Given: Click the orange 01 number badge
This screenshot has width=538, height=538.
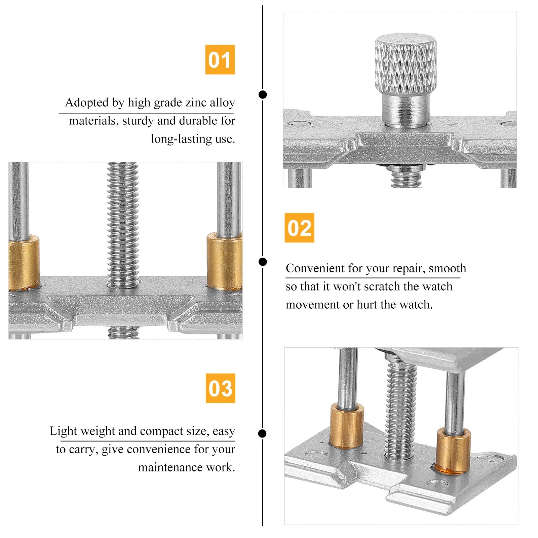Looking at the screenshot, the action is (x=220, y=60).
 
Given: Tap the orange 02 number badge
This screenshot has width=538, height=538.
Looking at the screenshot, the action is (x=299, y=228).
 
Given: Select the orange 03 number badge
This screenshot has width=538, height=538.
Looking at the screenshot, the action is (x=221, y=388).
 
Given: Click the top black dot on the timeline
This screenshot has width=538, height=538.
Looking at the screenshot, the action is (x=263, y=94).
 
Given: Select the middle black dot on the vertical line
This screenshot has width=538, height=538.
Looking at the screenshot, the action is (x=263, y=262).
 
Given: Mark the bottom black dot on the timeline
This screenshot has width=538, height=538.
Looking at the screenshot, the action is (x=263, y=433).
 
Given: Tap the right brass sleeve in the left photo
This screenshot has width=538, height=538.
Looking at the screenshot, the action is (x=224, y=261).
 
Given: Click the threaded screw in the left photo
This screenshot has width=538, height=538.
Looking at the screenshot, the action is (x=123, y=225).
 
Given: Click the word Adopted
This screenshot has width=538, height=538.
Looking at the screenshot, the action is (x=87, y=103).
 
